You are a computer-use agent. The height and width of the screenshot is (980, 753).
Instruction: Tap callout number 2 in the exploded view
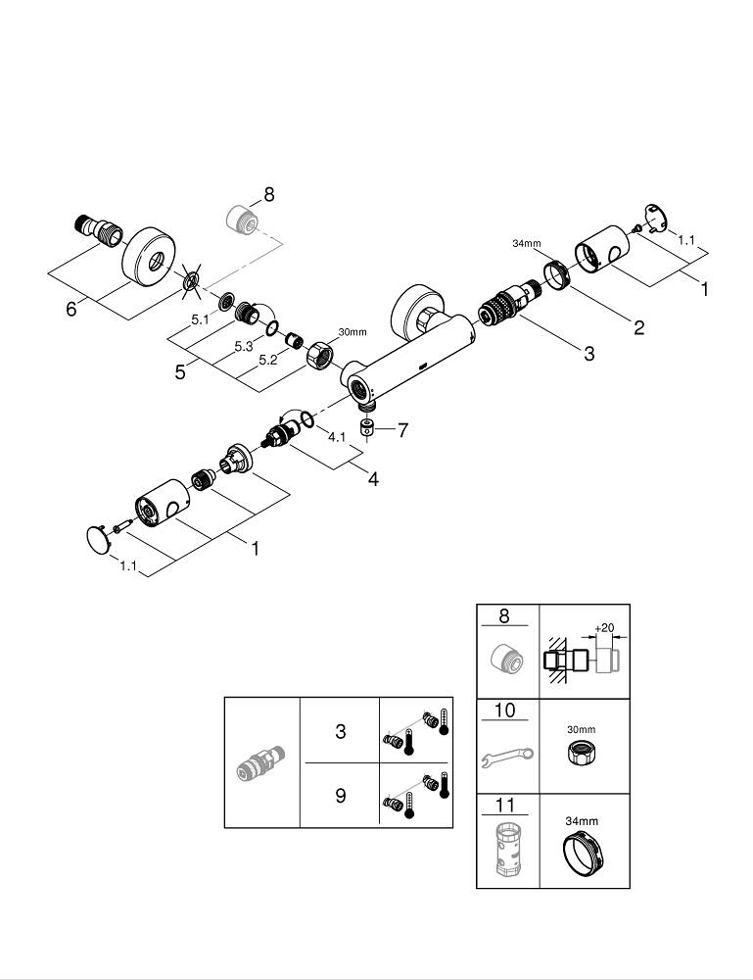(x=638, y=328)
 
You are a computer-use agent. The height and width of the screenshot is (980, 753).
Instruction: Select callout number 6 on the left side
(x=71, y=308)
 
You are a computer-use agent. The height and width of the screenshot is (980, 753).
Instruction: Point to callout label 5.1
(x=200, y=318)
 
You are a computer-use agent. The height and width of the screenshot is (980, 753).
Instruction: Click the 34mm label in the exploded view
(x=527, y=243)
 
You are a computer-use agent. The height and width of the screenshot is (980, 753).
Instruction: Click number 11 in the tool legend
(x=504, y=807)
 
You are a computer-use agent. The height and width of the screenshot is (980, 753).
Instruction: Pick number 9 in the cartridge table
(x=340, y=795)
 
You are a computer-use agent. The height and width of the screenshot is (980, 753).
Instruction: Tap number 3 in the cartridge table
(x=340, y=731)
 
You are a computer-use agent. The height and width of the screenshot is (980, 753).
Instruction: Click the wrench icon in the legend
(x=507, y=756)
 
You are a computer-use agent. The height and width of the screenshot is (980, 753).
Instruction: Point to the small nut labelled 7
(x=369, y=427)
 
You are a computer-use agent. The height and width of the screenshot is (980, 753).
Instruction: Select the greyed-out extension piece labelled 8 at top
(x=241, y=217)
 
